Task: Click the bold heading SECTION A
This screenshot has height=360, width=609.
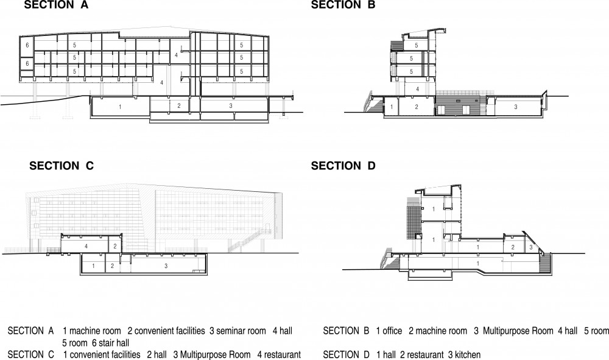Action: click(56, 5)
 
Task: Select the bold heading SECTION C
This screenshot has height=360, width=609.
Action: click(60, 166)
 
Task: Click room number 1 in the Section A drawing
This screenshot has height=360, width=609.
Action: click(120, 107)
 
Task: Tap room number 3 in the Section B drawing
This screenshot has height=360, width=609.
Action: click(516, 107)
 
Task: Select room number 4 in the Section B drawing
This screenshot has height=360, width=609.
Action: click(417, 90)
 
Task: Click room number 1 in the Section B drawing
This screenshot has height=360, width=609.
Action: click(390, 107)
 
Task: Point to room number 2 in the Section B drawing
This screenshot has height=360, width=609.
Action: click(417, 107)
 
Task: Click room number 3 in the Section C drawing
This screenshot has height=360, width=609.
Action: click(166, 266)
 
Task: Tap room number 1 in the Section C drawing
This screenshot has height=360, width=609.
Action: click(93, 266)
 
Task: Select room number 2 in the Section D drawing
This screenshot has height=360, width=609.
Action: click(513, 247)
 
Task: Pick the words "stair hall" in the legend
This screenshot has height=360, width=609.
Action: click(114, 343)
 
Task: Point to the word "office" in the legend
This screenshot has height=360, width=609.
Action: click(392, 331)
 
